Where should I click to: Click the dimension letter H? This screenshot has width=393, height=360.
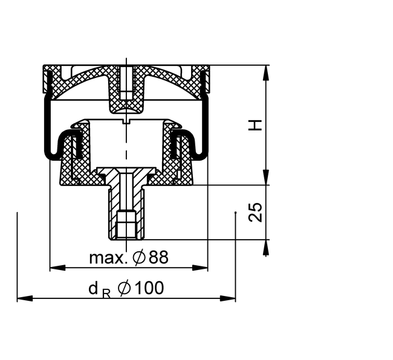point(255,125)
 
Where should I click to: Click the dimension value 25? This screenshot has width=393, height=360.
point(255,212)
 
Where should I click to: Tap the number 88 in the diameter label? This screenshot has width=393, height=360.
point(158,257)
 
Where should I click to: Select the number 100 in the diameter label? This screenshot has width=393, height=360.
point(149,288)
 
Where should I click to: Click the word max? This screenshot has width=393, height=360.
point(106,257)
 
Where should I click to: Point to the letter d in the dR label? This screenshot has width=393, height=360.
point(93,288)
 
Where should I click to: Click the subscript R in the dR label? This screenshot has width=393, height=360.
point(106,294)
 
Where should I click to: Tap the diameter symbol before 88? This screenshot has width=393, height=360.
point(139,257)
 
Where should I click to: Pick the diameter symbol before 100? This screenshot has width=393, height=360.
point(125,288)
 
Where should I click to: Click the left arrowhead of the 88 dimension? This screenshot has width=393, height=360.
point(57,268)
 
